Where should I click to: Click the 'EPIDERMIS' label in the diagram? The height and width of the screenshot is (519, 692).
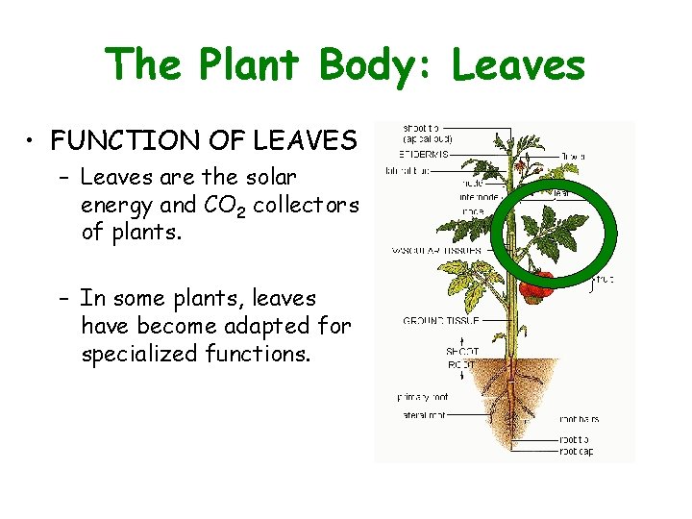point(424,153)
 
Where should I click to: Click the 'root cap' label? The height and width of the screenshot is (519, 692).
point(576,451)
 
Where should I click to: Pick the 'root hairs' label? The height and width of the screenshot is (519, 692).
point(580,420)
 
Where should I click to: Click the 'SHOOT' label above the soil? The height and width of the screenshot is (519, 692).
point(461,351)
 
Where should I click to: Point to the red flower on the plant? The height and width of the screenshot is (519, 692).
point(520,165)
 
